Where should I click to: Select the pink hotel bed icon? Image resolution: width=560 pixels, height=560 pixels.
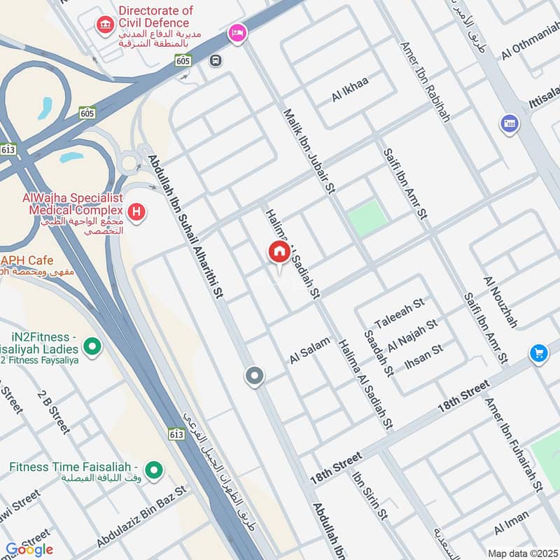click(x=237, y=33)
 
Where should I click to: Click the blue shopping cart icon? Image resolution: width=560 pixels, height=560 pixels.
click(x=538, y=352)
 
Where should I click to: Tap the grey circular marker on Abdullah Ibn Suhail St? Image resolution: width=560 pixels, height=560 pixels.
click(x=255, y=377)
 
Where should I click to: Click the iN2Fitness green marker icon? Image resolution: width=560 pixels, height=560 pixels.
click(x=91, y=345)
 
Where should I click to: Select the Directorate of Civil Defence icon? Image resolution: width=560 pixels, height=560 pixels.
click(x=105, y=27)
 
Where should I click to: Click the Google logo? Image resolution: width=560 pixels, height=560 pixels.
click(x=29, y=549)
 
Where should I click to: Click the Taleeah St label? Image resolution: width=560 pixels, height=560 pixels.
click(x=400, y=312)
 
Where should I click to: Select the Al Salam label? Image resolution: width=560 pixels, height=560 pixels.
click(x=309, y=349)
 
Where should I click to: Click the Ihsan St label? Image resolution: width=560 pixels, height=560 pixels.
click(x=424, y=356)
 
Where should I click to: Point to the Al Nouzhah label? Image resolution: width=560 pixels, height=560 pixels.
click(x=500, y=302)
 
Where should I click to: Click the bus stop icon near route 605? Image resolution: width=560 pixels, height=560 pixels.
click(x=216, y=60)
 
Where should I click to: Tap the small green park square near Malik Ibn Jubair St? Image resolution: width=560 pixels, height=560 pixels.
click(x=368, y=217)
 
